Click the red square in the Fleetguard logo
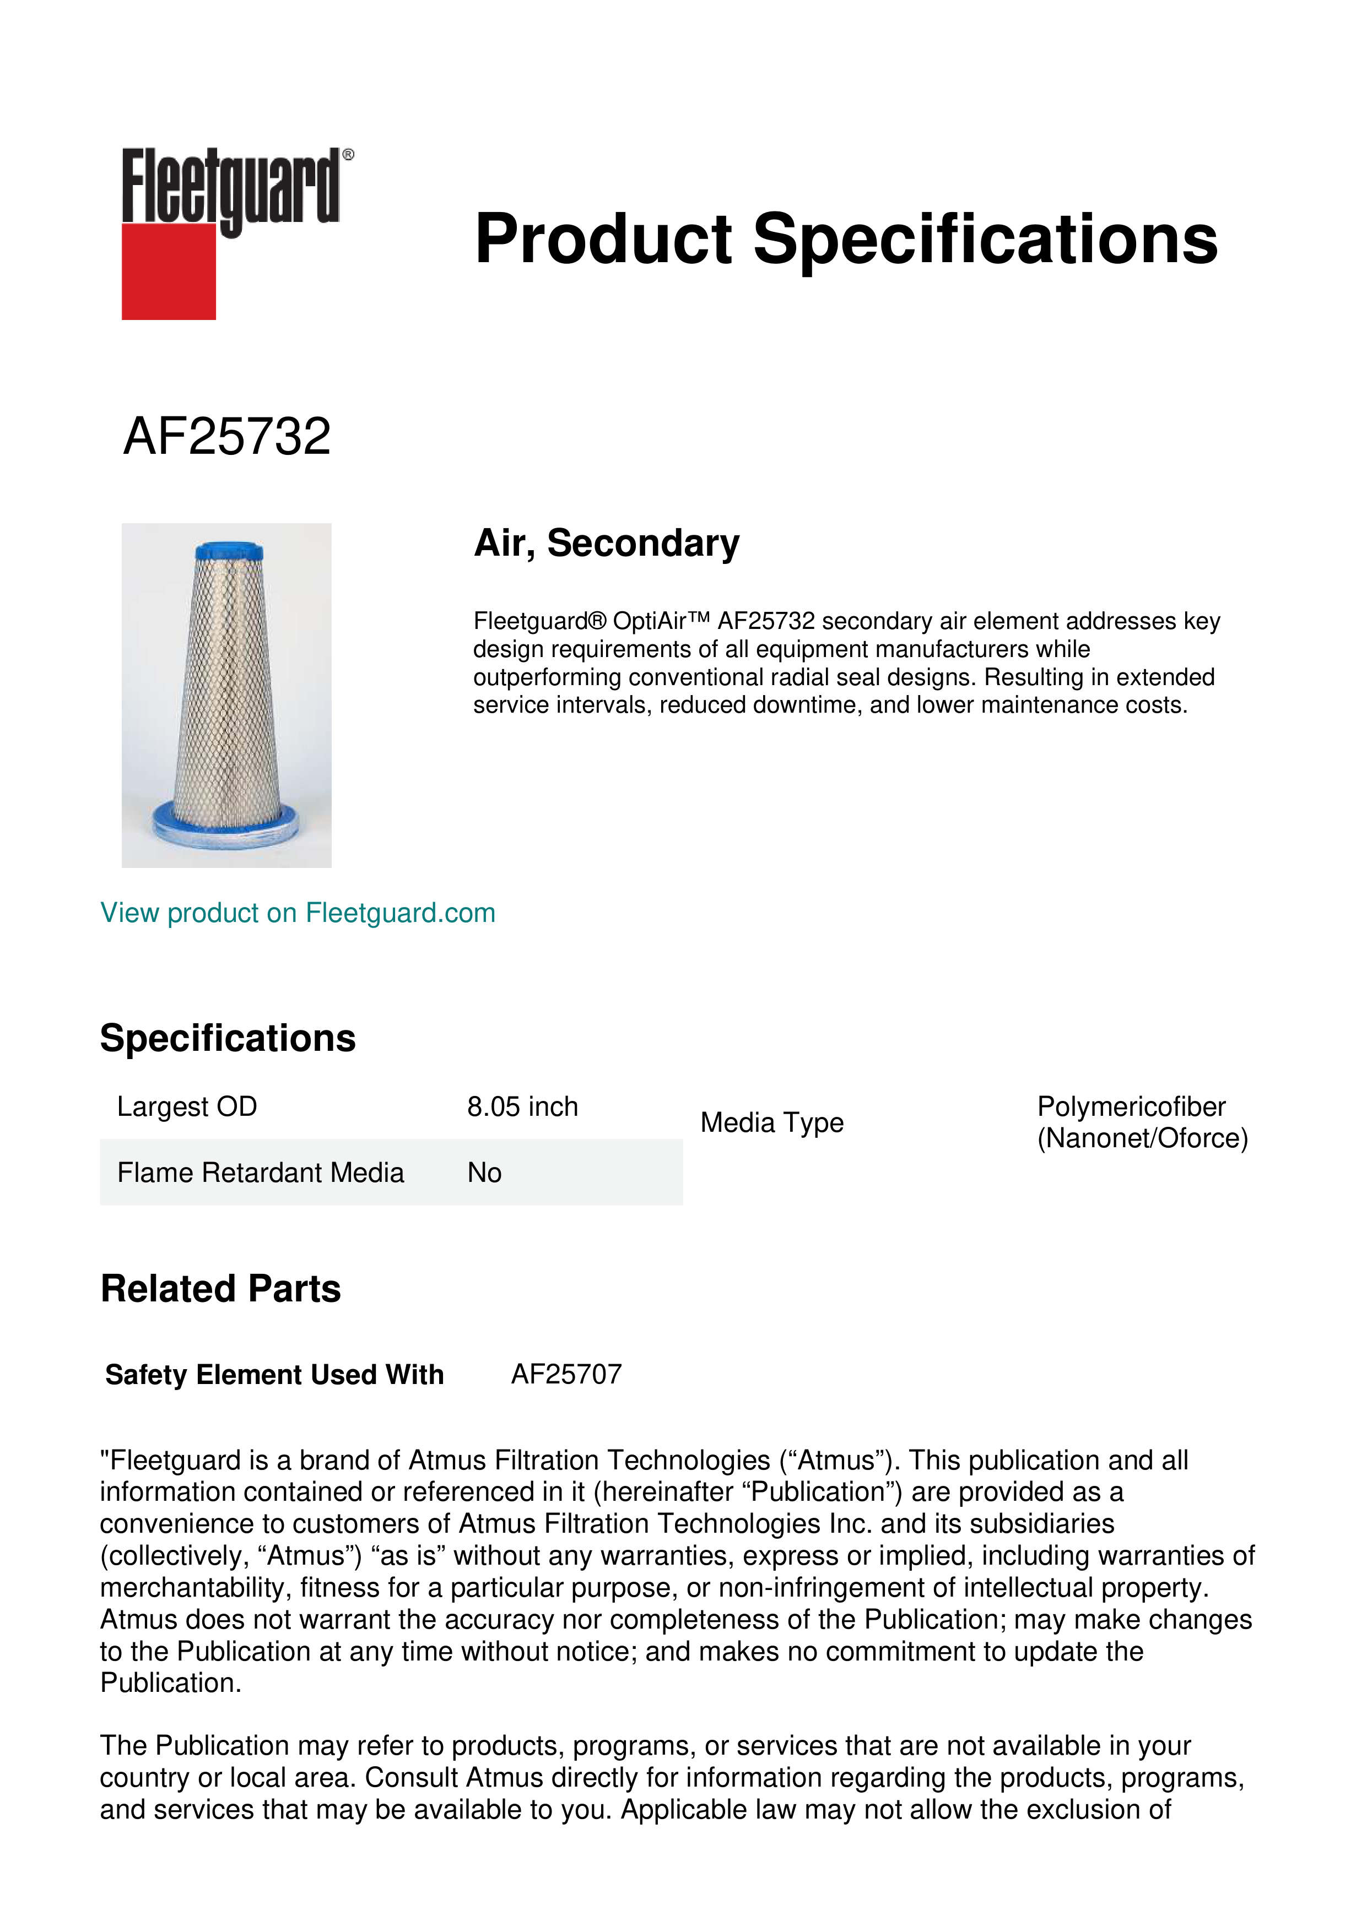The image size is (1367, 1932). click(169, 271)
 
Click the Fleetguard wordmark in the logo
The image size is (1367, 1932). click(230, 186)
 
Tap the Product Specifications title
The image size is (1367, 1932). click(845, 239)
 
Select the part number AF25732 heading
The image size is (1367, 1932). click(227, 437)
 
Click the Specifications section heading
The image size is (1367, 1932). click(227, 1038)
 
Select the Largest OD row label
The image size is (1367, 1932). click(187, 1106)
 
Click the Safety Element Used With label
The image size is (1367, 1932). click(274, 1375)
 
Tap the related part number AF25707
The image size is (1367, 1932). click(566, 1374)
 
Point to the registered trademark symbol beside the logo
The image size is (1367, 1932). click(348, 155)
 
